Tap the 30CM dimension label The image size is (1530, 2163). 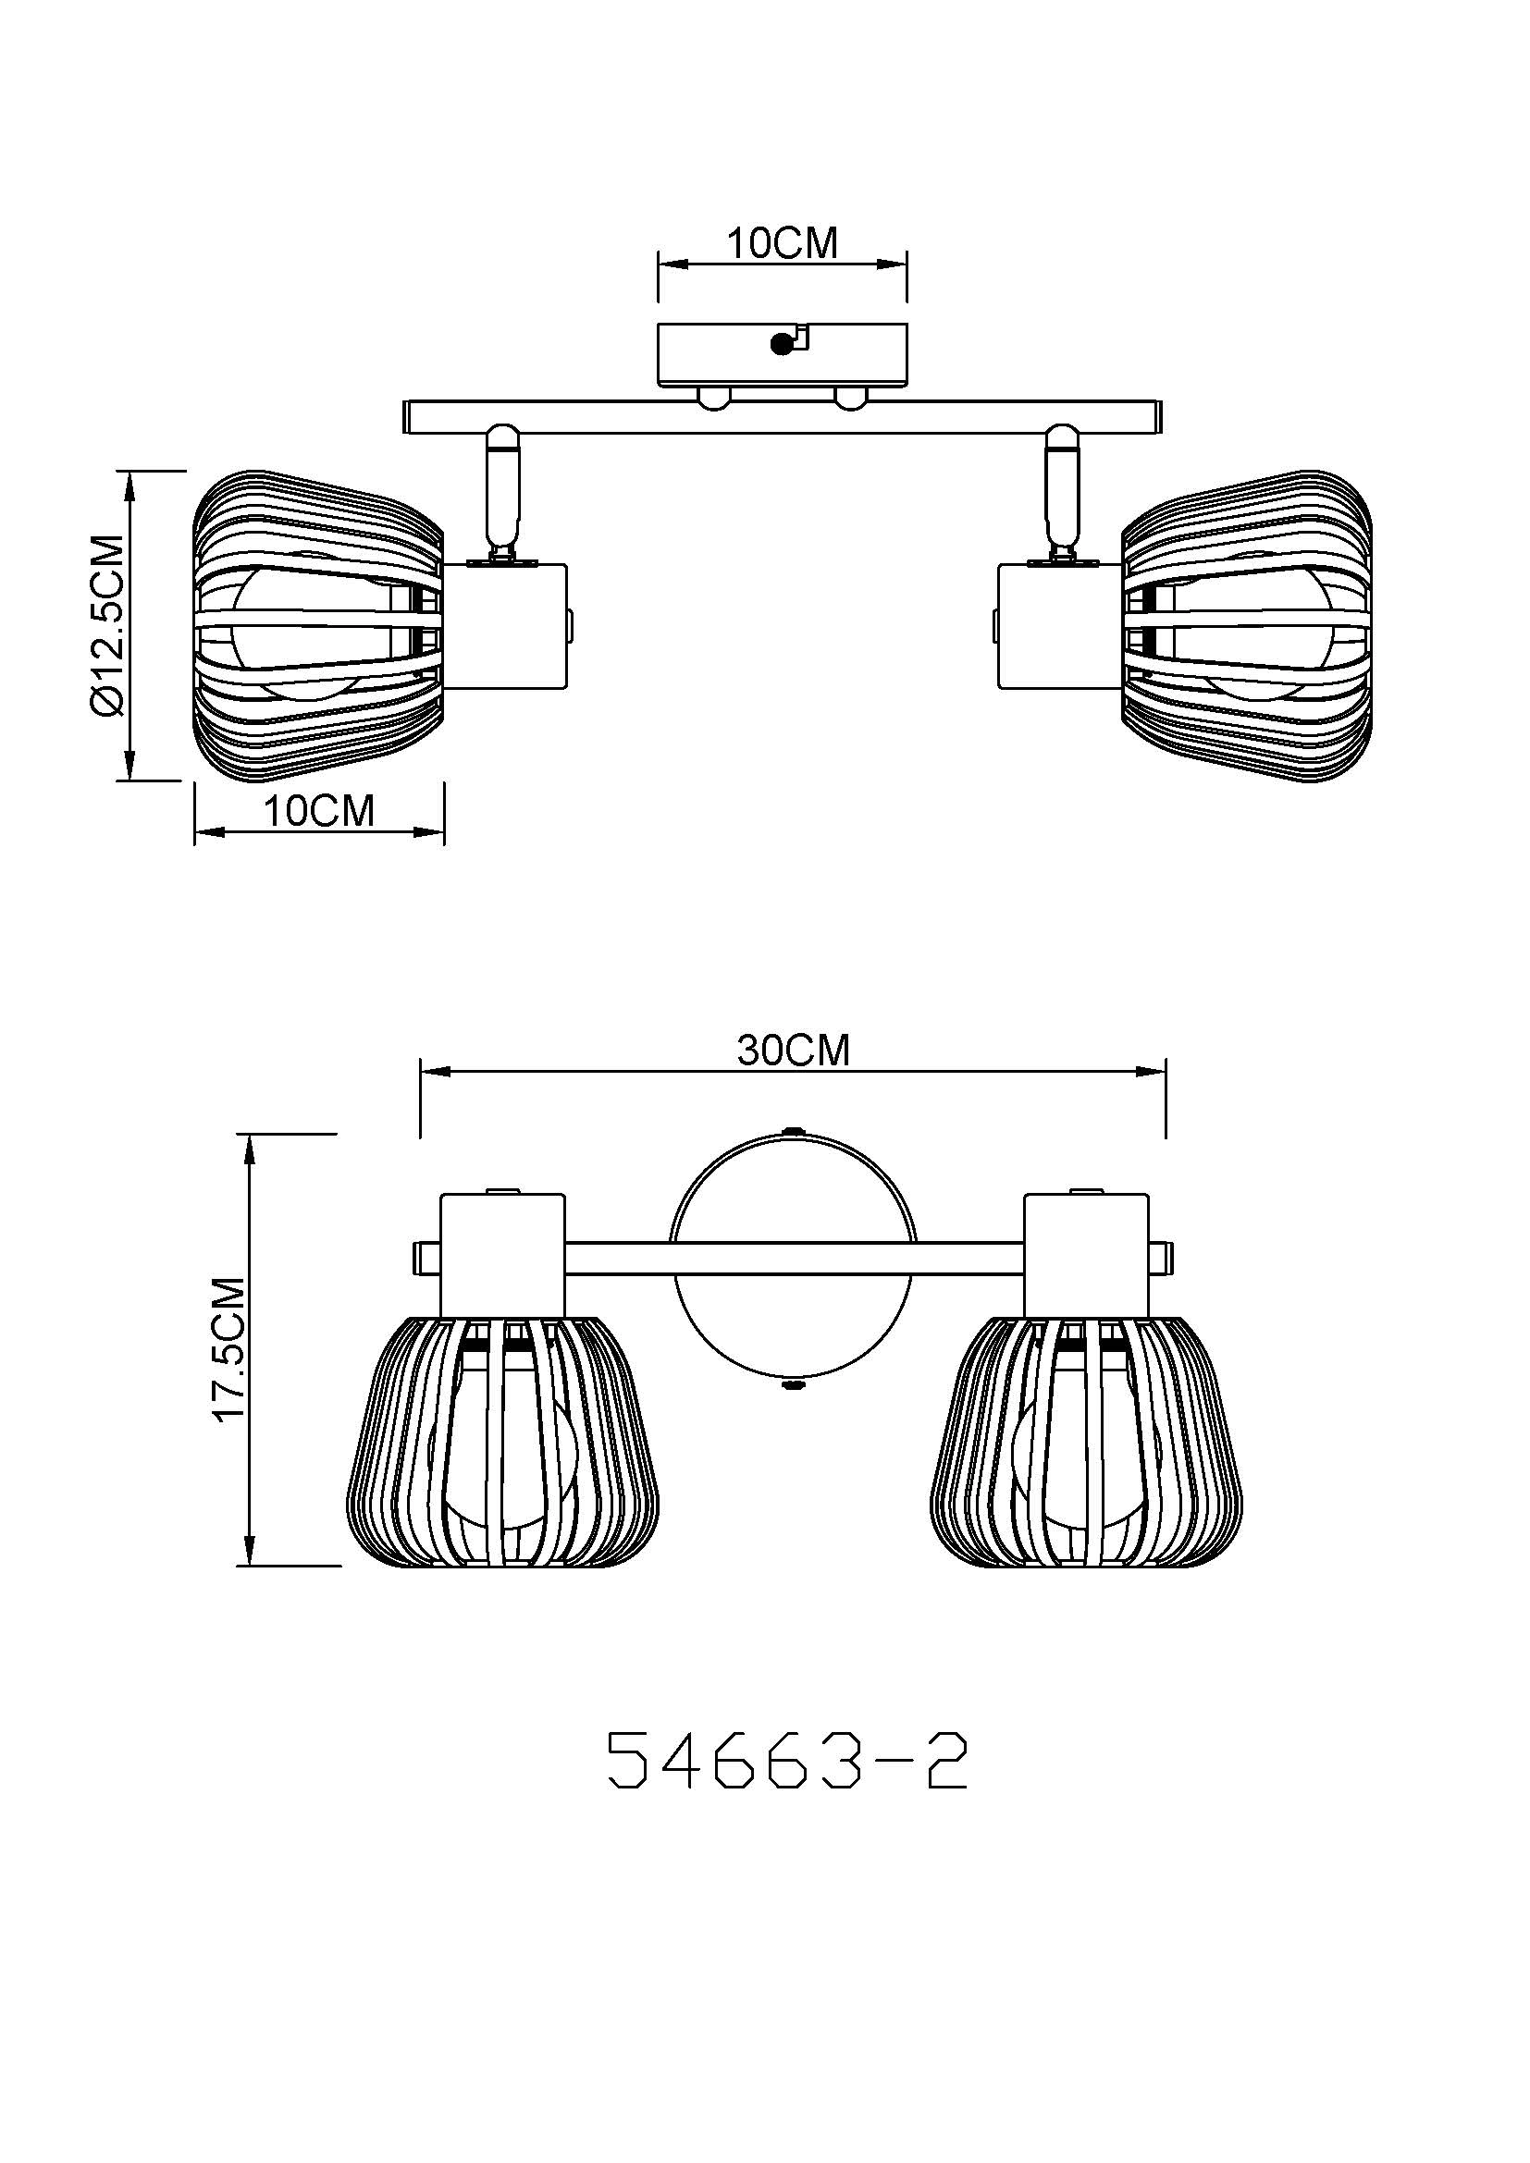point(794,1051)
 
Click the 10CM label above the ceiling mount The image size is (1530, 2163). point(781,243)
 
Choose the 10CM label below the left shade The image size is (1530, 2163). point(318,811)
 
